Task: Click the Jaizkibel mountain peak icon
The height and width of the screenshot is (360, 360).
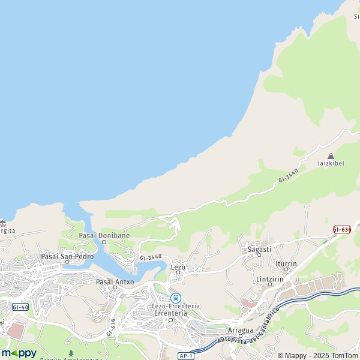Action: (x=331, y=155)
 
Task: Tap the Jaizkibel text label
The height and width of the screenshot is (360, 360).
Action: (x=331, y=164)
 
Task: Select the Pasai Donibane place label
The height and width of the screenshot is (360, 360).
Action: (x=104, y=235)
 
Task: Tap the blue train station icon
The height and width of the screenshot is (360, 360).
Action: (x=176, y=298)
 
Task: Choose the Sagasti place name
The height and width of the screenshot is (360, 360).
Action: (x=259, y=249)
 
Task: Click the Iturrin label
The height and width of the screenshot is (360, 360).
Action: (x=286, y=263)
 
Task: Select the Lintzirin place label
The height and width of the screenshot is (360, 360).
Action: (x=269, y=279)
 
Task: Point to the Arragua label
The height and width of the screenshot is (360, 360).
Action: (x=241, y=330)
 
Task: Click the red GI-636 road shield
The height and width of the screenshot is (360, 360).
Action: (x=342, y=229)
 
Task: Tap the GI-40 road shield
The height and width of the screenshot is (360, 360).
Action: (x=20, y=307)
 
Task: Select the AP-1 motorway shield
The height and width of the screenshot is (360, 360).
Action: (x=185, y=356)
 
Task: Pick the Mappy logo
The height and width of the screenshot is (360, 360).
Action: (x=19, y=353)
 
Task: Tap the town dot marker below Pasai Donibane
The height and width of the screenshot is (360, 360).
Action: (x=104, y=242)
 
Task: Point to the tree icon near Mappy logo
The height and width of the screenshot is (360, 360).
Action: (x=71, y=353)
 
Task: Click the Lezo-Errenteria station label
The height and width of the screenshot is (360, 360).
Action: (x=176, y=306)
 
